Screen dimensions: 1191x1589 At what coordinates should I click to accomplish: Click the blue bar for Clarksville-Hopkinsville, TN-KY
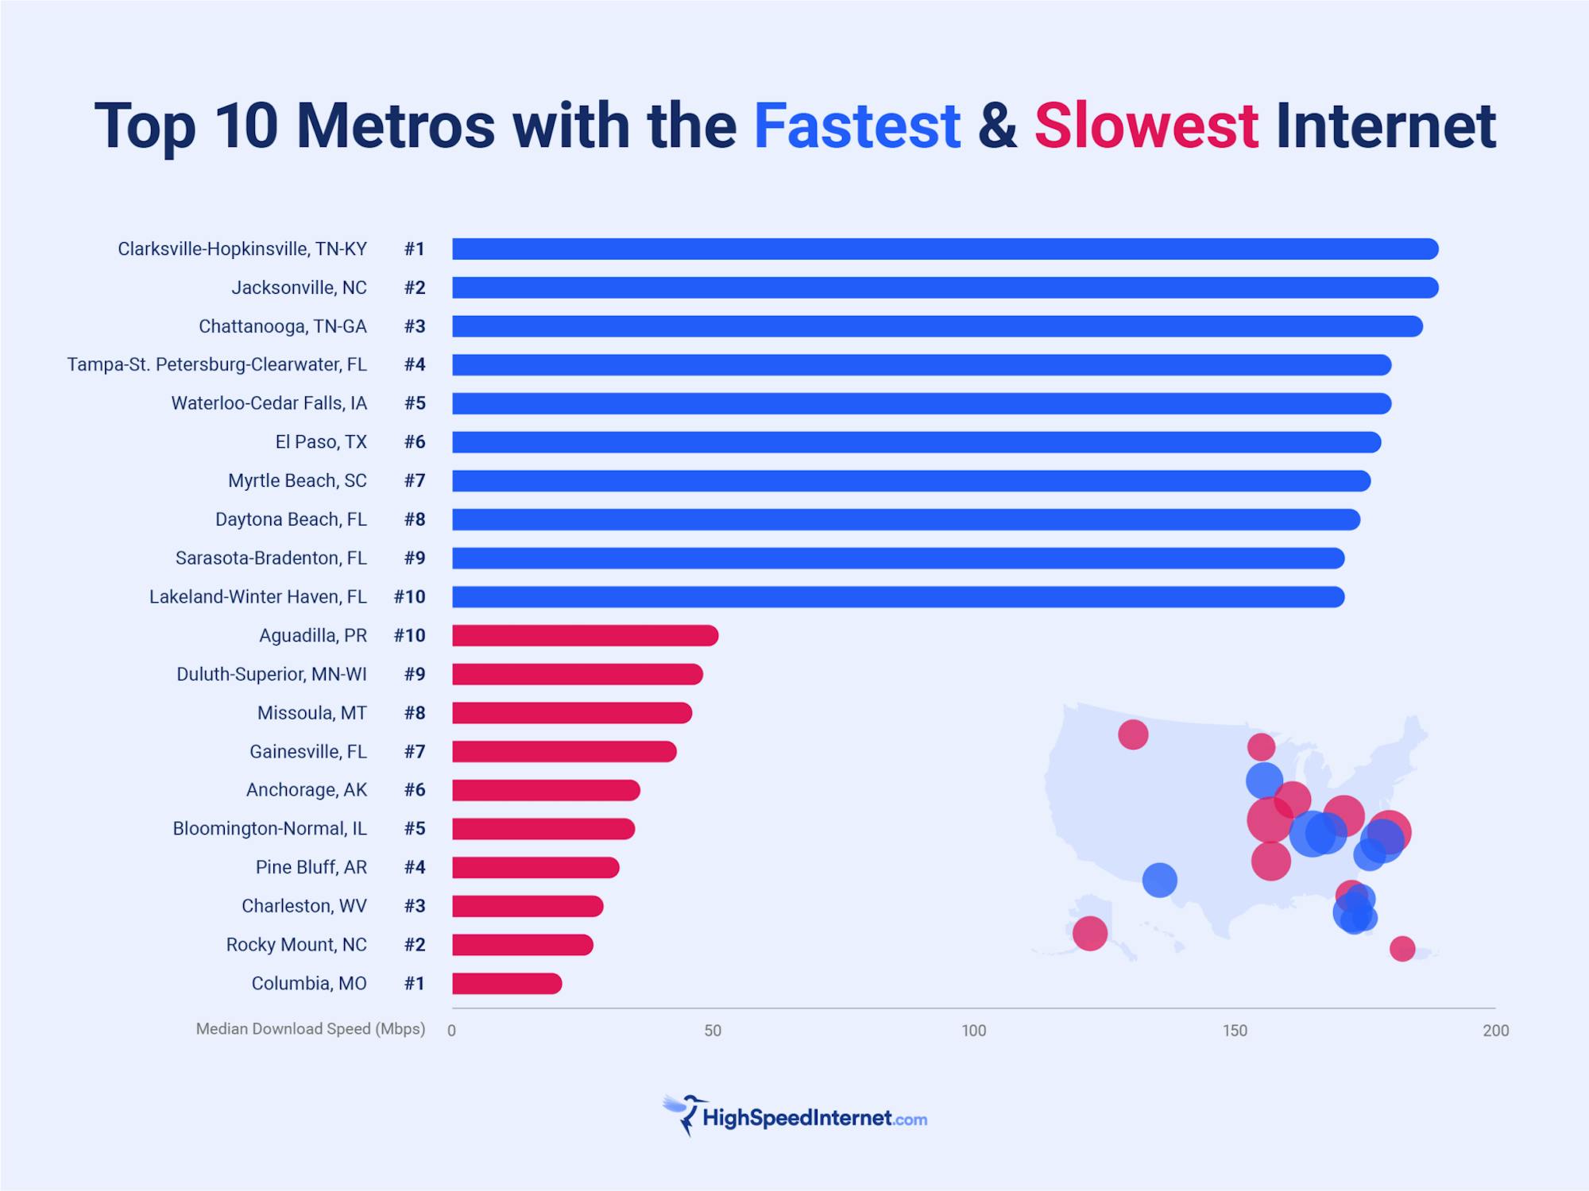[945, 249]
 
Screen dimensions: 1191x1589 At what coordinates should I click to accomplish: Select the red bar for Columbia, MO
[507, 984]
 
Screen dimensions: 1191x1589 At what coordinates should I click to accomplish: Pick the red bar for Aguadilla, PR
[585, 635]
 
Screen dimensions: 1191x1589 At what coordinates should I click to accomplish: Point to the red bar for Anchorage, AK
[546, 790]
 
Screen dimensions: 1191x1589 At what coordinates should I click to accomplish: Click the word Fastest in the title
[856, 125]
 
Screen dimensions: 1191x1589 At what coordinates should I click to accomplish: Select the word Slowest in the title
[1146, 125]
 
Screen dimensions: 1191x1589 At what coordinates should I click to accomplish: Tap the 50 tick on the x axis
[713, 1031]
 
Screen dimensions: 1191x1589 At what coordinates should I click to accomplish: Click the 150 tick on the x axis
[1235, 1031]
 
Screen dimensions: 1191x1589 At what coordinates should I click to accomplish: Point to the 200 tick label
[1495, 1031]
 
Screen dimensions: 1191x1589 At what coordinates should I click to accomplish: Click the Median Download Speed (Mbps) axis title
[311, 1029]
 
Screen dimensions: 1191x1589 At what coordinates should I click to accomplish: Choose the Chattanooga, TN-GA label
[283, 326]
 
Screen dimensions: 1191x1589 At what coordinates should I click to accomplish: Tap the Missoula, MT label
[311, 713]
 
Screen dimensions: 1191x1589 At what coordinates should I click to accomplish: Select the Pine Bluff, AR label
[311, 867]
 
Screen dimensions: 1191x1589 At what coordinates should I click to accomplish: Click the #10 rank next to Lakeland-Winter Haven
[410, 597]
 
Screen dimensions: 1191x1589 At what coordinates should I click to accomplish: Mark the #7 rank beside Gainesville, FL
[415, 751]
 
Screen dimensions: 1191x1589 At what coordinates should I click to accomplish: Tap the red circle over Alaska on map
[1089, 933]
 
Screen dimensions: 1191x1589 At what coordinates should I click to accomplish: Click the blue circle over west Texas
[1159, 880]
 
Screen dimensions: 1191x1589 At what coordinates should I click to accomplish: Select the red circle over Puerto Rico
[1402, 948]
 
